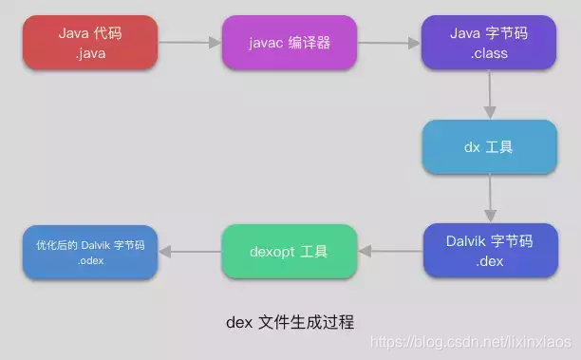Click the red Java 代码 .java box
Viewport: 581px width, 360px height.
coord(89,42)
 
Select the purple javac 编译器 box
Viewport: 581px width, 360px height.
coord(290,42)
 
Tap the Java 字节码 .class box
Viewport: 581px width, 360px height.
coord(489,42)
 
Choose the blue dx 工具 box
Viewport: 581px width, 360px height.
coord(489,147)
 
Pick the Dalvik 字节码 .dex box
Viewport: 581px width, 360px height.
coord(489,251)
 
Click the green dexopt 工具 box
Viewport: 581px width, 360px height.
coord(289,252)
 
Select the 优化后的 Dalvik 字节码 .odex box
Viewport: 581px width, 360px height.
coord(89,252)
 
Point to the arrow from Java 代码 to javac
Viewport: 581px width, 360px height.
coord(189,42)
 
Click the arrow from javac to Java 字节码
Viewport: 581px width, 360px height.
coord(389,42)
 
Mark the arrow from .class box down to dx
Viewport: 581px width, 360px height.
coord(490,95)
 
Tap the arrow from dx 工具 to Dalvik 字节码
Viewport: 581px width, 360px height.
coord(490,199)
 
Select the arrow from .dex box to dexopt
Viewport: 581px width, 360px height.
coord(389,252)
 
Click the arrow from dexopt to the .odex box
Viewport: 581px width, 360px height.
coord(189,252)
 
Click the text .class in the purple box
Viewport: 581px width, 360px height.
coord(489,53)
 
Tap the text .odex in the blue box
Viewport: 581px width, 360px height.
coord(90,259)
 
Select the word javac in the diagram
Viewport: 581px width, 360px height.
coord(269,42)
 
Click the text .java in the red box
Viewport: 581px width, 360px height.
coord(89,53)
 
